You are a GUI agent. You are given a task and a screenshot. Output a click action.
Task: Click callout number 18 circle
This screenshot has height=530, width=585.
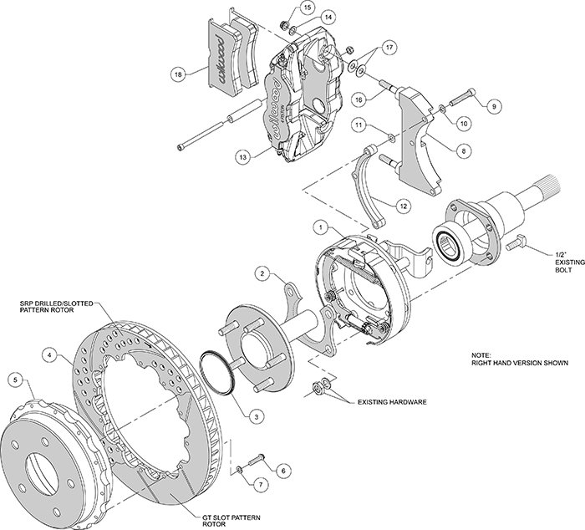click(x=177, y=74)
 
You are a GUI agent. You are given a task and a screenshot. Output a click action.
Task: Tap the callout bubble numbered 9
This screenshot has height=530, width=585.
click(x=494, y=105)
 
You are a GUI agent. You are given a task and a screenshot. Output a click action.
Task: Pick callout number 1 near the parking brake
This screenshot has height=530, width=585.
click(x=318, y=226)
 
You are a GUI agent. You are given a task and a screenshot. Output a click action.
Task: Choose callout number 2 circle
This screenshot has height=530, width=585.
click(x=262, y=273)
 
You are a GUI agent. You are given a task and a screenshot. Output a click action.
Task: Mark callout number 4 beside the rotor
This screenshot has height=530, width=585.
click(x=52, y=356)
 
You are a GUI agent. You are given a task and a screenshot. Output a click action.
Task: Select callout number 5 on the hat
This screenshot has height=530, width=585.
click(x=13, y=381)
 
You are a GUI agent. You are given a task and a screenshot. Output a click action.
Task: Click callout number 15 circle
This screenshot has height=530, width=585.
click(x=285, y=8)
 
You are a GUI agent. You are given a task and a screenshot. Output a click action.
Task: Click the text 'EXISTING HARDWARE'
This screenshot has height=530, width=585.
click(x=392, y=402)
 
